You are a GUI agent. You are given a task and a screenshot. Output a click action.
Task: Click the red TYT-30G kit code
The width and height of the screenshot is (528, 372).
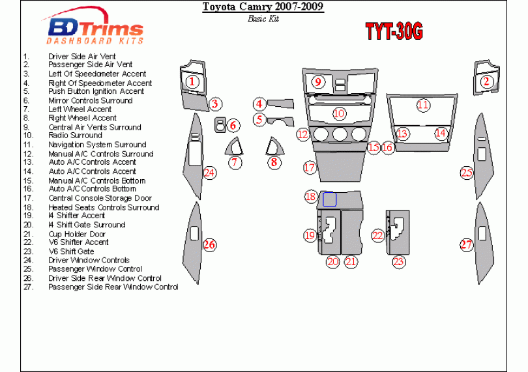[393, 31]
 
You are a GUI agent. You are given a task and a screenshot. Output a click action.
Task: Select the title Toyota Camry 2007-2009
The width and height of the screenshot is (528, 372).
[263, 8]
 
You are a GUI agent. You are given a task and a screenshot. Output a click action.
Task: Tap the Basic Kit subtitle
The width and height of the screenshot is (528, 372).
[263, 18]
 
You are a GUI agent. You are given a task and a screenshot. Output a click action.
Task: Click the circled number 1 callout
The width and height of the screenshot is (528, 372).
[192, 81]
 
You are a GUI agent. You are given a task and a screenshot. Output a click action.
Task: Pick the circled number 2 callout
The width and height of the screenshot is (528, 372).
[486, 81]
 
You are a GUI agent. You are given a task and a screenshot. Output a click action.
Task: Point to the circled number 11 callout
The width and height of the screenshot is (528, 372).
[423, 105]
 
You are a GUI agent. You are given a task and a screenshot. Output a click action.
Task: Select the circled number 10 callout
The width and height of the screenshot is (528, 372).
[338, 113]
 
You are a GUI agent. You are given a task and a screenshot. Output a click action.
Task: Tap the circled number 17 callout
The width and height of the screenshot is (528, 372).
[309, 167]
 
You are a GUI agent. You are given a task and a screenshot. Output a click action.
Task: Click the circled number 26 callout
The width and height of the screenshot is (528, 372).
[209, 245]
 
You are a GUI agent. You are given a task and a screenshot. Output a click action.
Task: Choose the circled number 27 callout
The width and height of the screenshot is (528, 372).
[466, 245]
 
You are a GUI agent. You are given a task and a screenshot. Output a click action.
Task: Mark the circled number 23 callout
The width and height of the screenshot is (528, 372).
[398, 262]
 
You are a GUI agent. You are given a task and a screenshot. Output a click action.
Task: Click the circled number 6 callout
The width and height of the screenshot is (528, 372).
[233, 126]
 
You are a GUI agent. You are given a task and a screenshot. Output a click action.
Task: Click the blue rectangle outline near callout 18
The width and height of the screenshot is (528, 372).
[330, 199]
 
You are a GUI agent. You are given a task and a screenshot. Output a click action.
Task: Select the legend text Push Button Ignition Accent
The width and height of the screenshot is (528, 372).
[96, 92]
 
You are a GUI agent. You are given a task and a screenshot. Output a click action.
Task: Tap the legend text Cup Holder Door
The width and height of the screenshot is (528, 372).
[76, 233]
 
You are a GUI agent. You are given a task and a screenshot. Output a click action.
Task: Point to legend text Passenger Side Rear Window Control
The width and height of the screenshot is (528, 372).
[113, 287]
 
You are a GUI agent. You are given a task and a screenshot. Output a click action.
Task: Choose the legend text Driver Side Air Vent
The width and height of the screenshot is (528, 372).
[81, 57]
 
